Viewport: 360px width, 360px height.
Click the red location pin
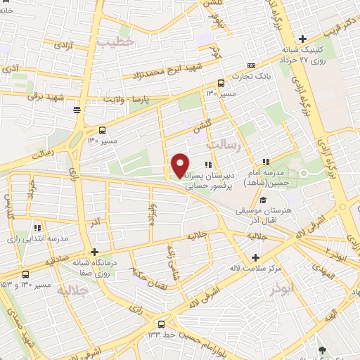[x=180, y=165]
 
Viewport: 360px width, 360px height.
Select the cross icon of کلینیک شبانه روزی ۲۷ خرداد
[x=302, y=39]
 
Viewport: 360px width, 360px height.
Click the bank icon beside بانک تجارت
[x=252, y=65]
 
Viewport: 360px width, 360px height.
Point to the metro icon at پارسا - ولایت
[x=77, y=110]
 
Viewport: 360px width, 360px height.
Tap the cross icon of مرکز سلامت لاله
[x=255, y=257]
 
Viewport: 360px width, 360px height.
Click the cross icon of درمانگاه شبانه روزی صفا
[x=94, y=251]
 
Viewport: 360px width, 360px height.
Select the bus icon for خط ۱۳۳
[x=162, y=323]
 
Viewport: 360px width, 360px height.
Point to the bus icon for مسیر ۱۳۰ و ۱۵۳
[x=26, y=274]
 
